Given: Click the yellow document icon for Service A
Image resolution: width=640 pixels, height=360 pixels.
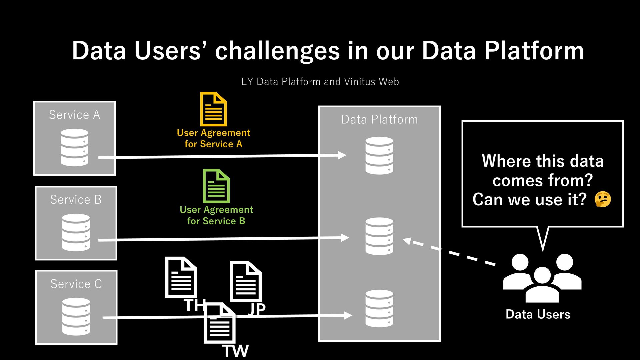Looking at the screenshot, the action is pos(213,109).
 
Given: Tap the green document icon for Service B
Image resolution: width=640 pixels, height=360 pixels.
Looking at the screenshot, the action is pos(216,186).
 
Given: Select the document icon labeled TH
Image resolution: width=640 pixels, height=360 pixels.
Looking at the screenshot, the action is pos(181,277).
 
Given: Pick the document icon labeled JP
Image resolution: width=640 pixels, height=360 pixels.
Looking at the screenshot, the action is pos(246,282).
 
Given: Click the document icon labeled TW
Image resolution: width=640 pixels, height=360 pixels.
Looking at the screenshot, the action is pos(220,323).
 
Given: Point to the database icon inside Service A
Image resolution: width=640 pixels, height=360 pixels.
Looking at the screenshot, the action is pos(75,147).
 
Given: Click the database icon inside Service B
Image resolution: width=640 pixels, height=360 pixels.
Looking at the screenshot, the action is pos(76,232).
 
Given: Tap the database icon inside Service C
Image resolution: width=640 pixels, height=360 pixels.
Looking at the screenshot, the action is pos(76,317).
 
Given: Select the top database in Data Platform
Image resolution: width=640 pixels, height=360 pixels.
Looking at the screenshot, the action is pos(379,155).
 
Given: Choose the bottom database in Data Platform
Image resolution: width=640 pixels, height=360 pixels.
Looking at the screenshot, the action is pos(379,308).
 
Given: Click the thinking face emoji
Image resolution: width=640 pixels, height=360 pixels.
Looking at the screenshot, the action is pos(603,199).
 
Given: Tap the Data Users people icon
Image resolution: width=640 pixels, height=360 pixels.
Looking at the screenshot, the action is pos(542,278).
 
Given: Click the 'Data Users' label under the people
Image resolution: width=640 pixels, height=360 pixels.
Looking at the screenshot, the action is pos(538,314).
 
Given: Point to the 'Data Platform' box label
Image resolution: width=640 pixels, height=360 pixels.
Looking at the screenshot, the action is pos(379,119).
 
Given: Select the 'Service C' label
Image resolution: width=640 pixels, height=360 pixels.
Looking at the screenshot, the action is pos(76,284).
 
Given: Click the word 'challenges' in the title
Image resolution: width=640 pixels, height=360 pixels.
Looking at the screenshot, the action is pos(277,51).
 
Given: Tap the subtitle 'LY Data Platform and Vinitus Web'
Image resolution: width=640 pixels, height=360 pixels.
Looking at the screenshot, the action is pos(320,82).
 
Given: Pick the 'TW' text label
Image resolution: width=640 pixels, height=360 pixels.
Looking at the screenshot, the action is pos(235,351).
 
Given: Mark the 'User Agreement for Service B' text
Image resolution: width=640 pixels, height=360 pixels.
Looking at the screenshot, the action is pos(216,215).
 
